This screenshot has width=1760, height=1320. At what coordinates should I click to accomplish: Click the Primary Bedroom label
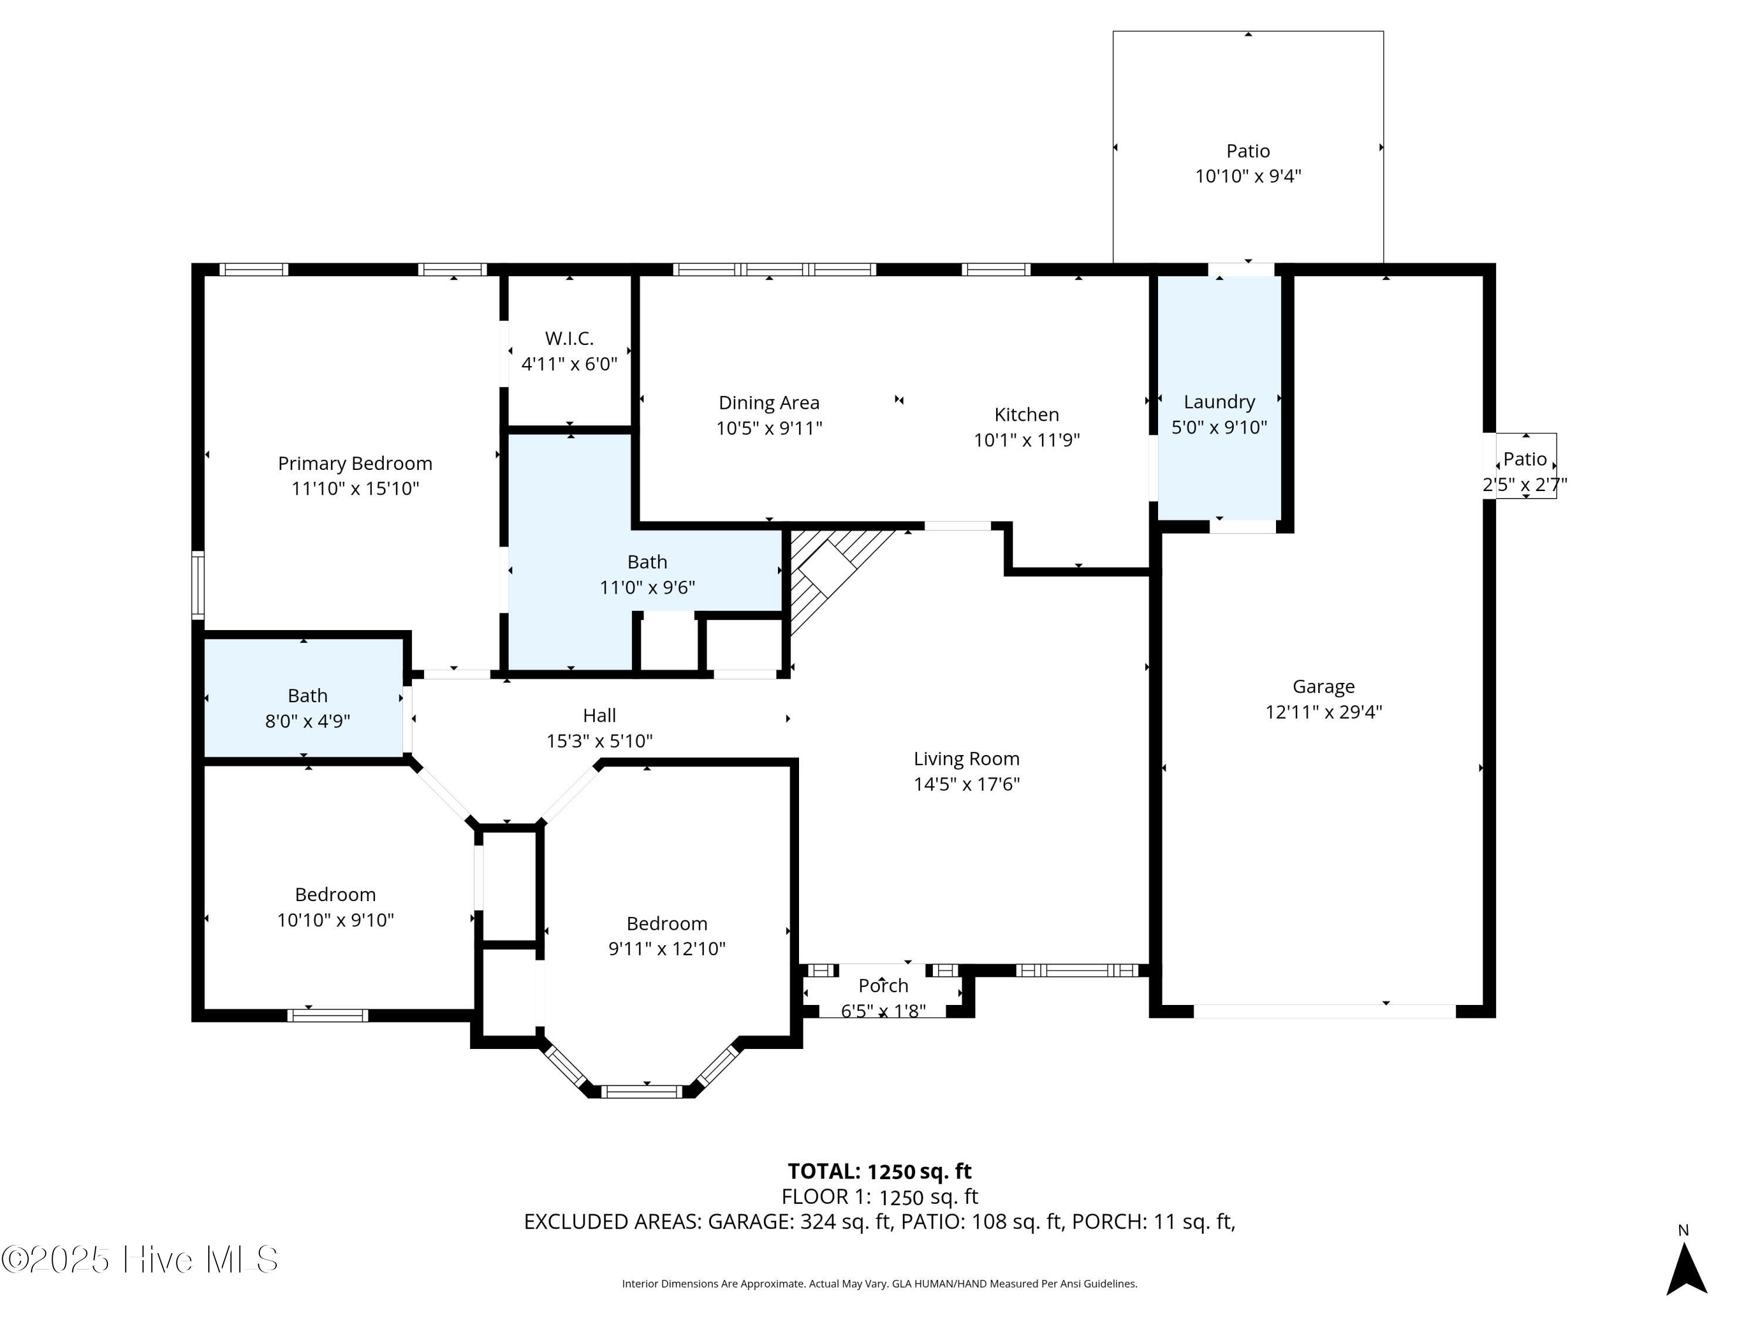(x=355, y=463)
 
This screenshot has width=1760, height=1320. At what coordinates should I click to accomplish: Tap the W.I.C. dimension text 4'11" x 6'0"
(x=569, y=364)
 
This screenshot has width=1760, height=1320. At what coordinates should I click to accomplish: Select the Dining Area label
(x=769, y=402)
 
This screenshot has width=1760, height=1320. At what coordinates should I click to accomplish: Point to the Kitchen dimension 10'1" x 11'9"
(x=1027, y=440)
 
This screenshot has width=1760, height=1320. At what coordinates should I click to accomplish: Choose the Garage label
(x=1323, y=686)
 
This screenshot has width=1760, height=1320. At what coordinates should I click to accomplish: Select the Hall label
(x=599, y=715)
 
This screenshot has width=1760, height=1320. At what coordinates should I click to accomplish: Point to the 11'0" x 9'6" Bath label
(x=647, y=562)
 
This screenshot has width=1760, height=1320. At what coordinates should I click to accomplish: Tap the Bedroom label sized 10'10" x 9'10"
(x=335, y=894)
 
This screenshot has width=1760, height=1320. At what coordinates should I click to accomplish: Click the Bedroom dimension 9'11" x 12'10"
(x=667, y=949)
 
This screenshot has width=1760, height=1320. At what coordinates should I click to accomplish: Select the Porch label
(x=883, y=986)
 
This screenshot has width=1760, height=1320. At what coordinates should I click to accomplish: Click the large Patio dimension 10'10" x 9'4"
(x=1248, y=176)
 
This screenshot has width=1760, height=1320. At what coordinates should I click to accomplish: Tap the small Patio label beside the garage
(x=1525, y=459)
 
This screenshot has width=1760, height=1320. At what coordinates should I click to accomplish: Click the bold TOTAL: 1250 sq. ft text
(x=879, y=1171)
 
